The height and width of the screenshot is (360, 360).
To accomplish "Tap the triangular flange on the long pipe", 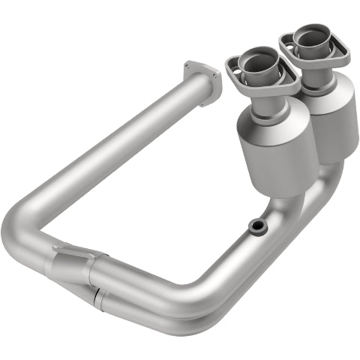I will (x=202, y=78).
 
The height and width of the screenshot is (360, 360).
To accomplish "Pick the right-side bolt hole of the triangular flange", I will (x=217, y=74).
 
